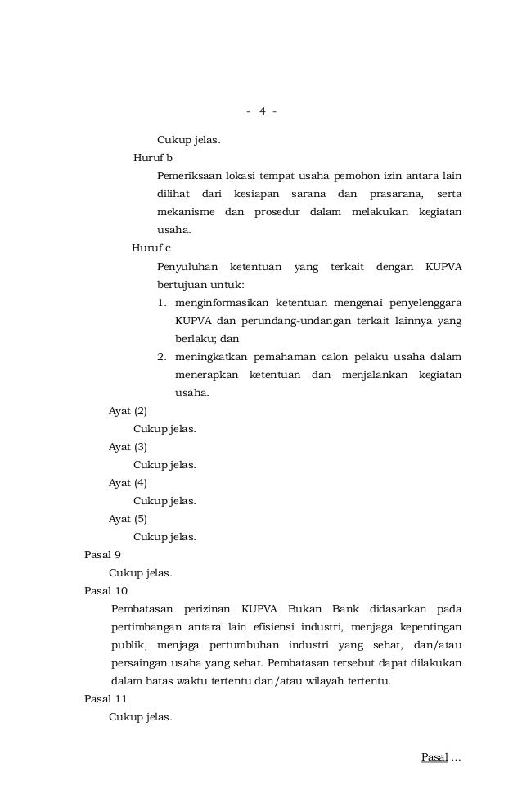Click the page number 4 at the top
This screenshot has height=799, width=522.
coord(262,111)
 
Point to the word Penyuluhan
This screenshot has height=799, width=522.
coord(187,267)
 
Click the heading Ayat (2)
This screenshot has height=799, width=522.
coord(128,411)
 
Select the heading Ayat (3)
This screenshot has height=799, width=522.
coord(128,447)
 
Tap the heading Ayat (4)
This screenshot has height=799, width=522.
coord(128,483)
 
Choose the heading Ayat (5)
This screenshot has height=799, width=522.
coord(128,519)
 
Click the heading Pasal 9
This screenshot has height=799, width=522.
coord(103,554)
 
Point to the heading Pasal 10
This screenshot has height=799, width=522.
coord(106,590)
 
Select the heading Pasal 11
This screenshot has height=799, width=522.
coord(106,699)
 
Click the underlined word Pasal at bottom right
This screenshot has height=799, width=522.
coord(434,758)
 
